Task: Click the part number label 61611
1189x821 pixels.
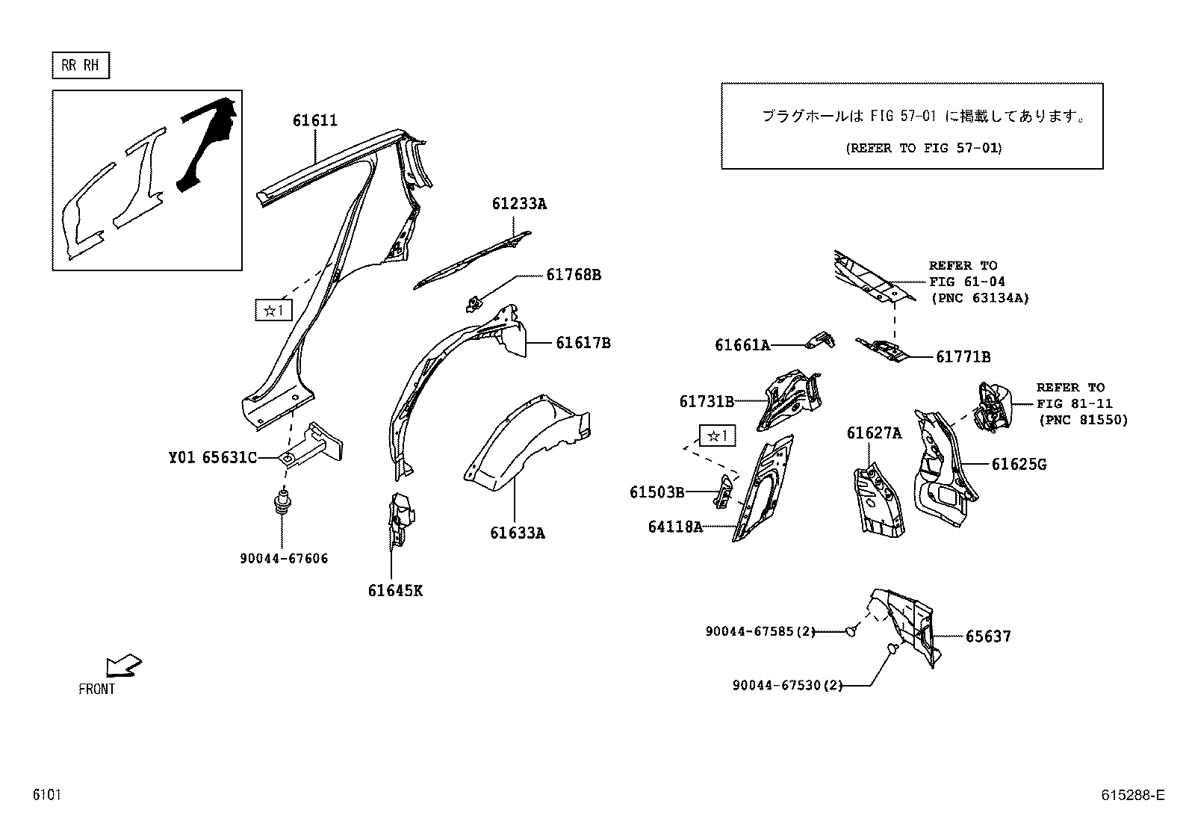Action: point(314,120)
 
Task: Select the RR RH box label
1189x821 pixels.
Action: point(80,66)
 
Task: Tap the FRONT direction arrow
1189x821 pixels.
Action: point(122,665)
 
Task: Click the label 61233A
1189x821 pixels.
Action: point(518,203)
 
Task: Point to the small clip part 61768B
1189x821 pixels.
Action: point(472,303)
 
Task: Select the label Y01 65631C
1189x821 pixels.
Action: point(212,457)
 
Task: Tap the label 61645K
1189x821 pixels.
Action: point(394,591)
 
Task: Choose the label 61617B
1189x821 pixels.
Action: point(583,343)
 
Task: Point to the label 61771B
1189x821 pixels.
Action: point(963,357)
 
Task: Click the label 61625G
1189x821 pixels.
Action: point(1019,465)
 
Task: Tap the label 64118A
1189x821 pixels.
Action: point(675,527)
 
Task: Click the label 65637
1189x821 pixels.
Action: point(988,636)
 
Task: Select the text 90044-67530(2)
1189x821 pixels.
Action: point(787,685)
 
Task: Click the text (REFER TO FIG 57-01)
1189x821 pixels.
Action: point(923,148)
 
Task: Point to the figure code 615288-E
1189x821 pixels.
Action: point(1132,796)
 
